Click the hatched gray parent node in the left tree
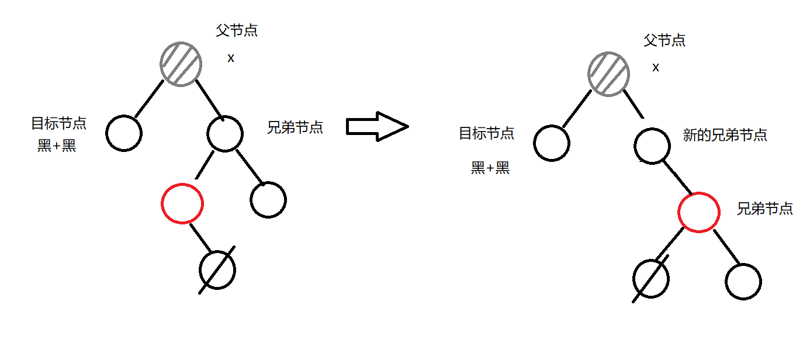pyautogui.click(x=181, y=64)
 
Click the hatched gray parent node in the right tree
pyautogui.click(x=609, y=74)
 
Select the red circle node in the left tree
pyautogui.click(x=182, y=203)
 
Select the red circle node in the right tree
pyautogui.click(x=699, y=212)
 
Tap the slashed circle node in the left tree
pyautogui.click(x=217, y=269)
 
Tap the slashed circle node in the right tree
pyautogui.click(x=651, y=279)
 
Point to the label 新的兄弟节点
pyautogui.click(x=725, y=136)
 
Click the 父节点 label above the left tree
pyautogui.click(x=237, y=31)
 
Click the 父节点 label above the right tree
pyautogui.click(x=664, y=40)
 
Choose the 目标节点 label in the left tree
pyautogui.click(x=58, y=123)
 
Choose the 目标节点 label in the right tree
pyautogui.click(x=486, y=133)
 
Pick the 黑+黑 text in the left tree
pyautogui.click(x=57, y=146)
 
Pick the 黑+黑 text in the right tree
pyautogui.click(x=490, y=168)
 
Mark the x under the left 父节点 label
pyautogui.click(x=231, y=58)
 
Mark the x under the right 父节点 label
pyautogui.click(x=656, y=67)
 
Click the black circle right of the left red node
pyautogui.click(x=268, y=200)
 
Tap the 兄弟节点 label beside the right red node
pyautogui.click(x=764, y=209)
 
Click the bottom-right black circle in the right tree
pyautogui.click(x=743, y=282)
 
